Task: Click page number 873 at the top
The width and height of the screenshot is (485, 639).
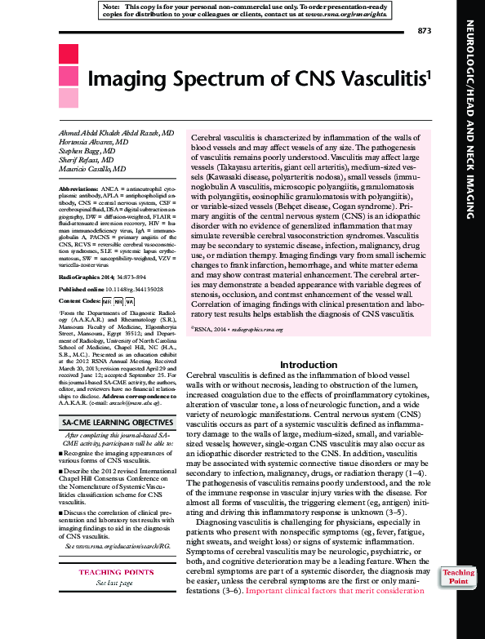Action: coord(423,30)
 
